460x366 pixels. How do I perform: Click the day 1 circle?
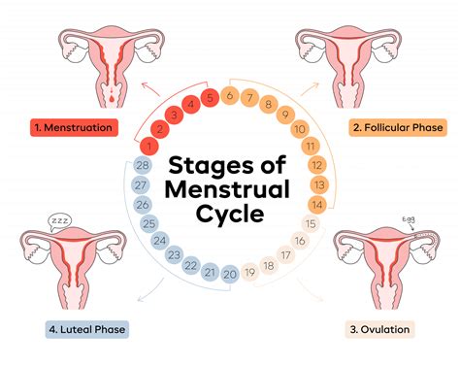148,146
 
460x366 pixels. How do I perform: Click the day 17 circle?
286,255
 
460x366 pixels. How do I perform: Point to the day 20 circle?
229,275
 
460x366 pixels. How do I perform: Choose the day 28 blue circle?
141,166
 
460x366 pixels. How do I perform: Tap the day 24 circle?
159,241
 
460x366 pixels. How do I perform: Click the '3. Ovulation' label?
381,328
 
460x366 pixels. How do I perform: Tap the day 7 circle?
250,98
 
